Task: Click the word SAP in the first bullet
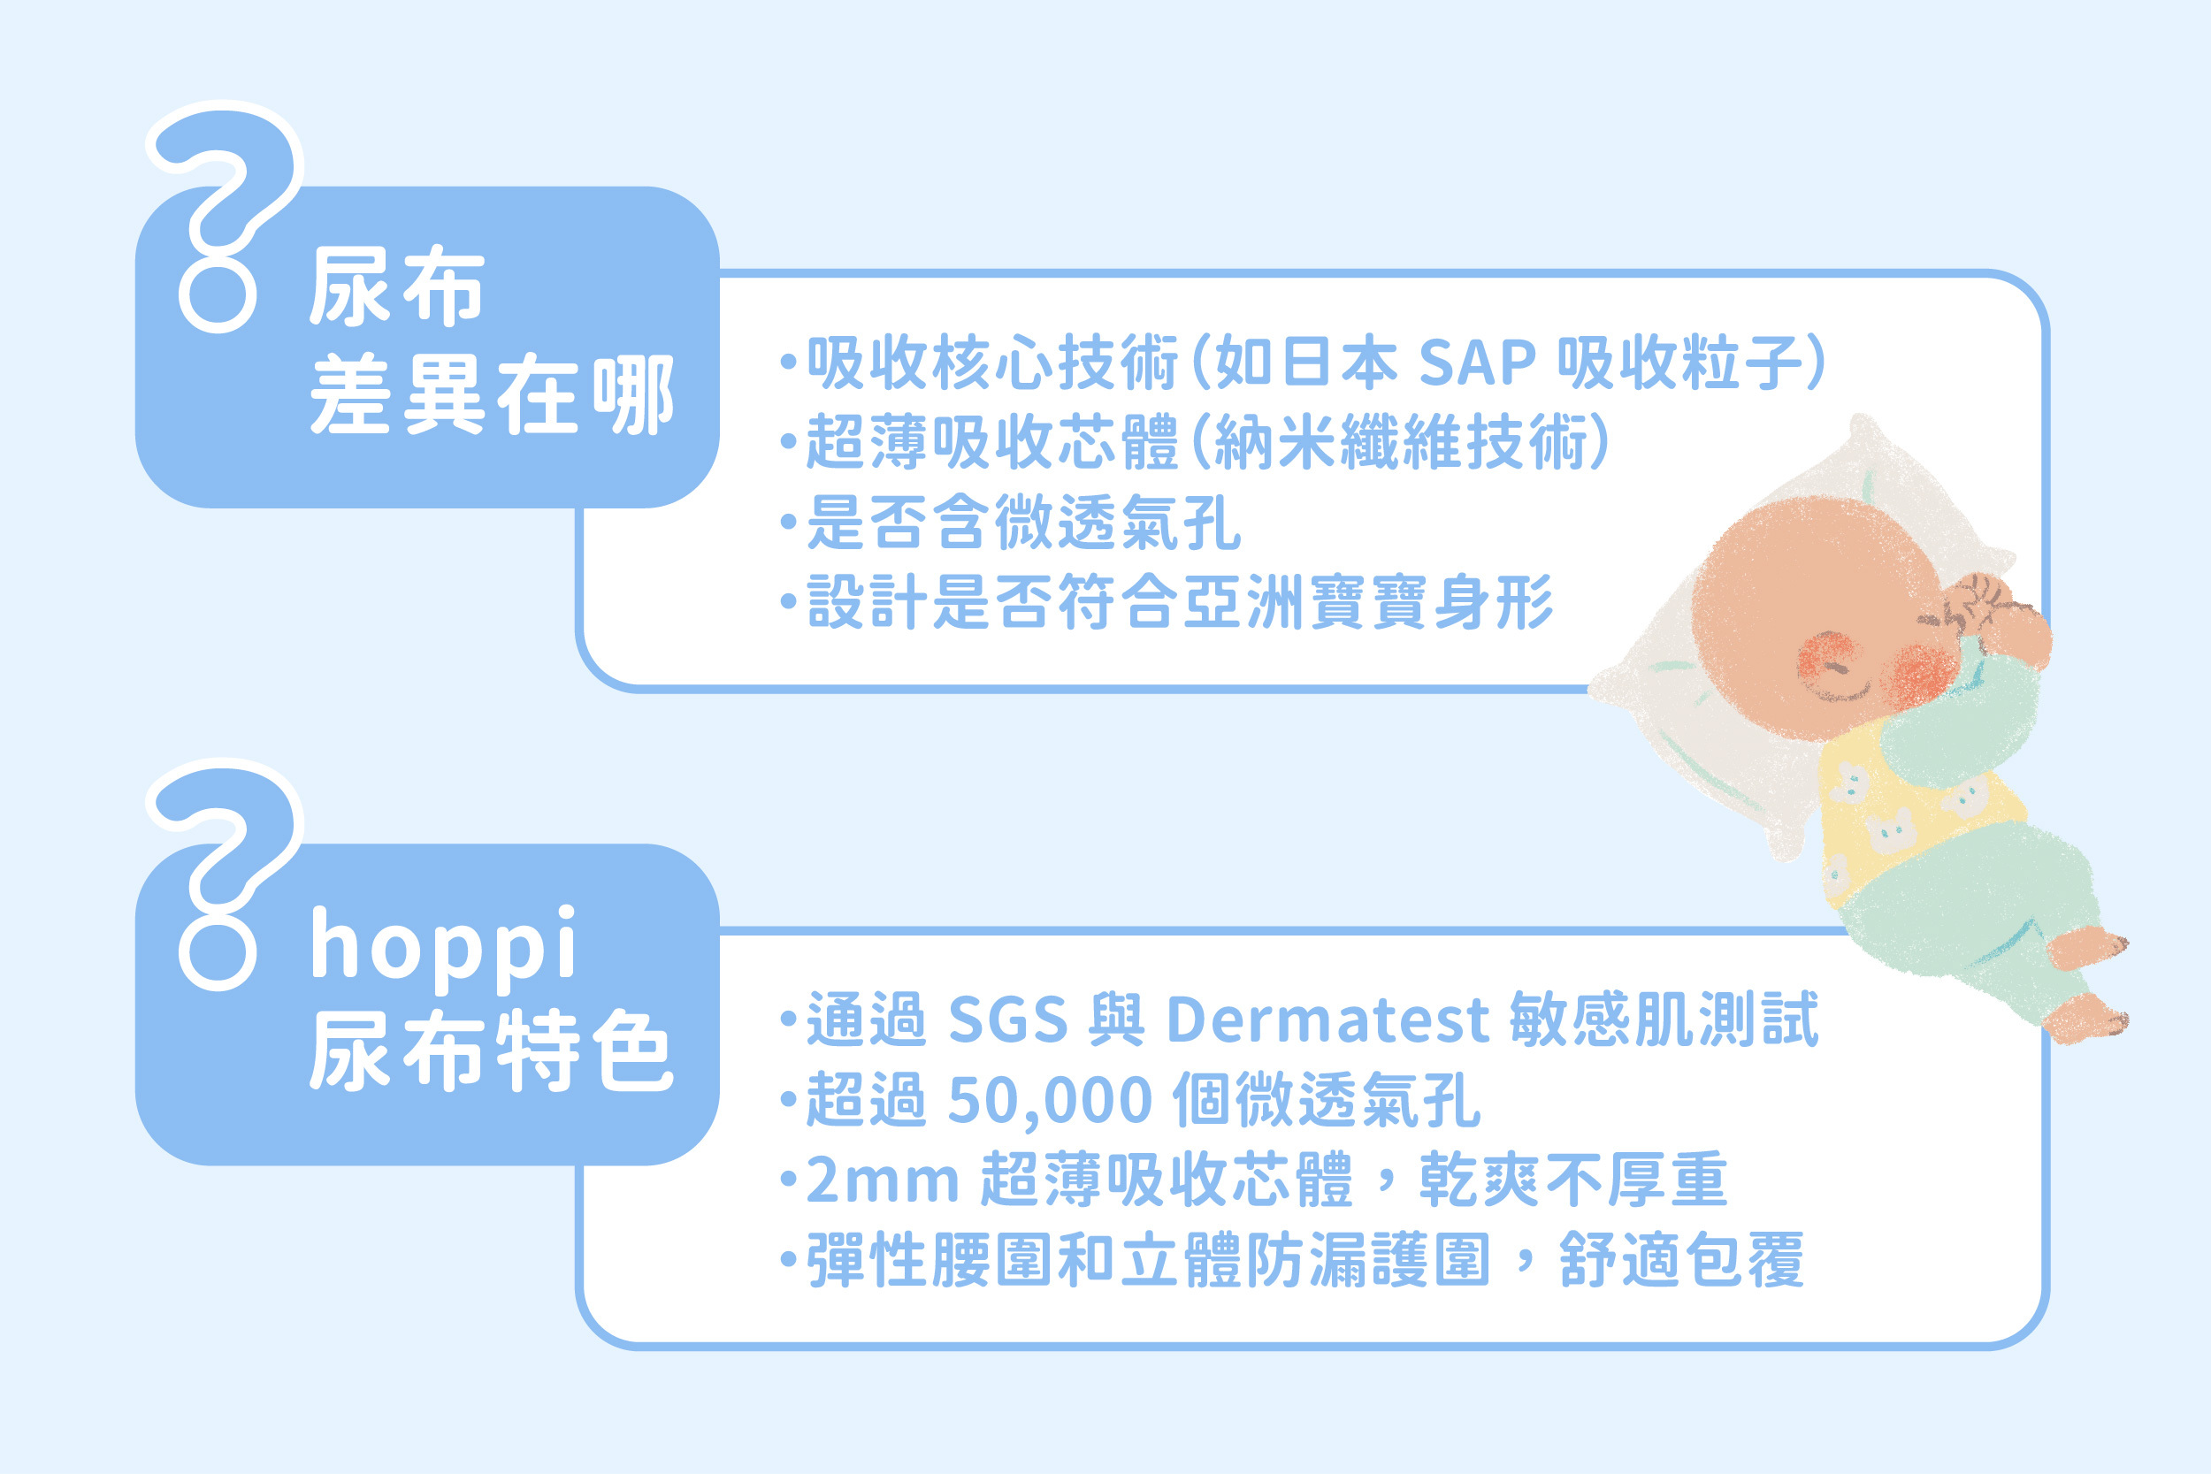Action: tap(1477, 362)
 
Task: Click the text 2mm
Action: tap(882, 1180)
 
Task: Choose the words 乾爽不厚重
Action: tap(1573, 1180)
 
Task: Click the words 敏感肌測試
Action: tap(1664, 1019)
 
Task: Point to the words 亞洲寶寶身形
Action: tap(1369, 602)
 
